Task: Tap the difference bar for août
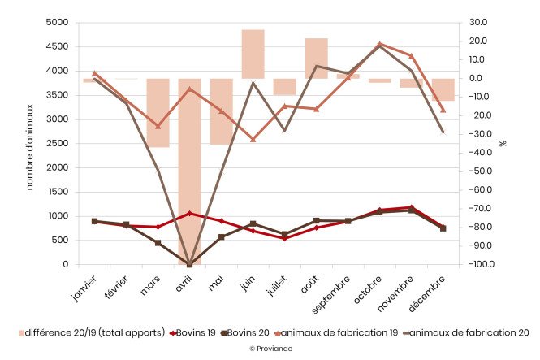(x=316, y=59)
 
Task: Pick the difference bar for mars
(x=158, y=113)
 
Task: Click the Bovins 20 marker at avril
(x=189, y=264)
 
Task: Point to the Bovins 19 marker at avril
(x=189, y=214)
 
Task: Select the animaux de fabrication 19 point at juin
(x=253, y=140)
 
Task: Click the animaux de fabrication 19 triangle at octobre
(x=380, y=44)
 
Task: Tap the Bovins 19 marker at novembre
(x=412, y=207)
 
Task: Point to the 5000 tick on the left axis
(x=58, y=23)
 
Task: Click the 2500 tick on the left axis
(x=58, y=144)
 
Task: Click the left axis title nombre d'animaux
(x=29, y=143)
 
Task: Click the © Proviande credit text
(x=270, y=348)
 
